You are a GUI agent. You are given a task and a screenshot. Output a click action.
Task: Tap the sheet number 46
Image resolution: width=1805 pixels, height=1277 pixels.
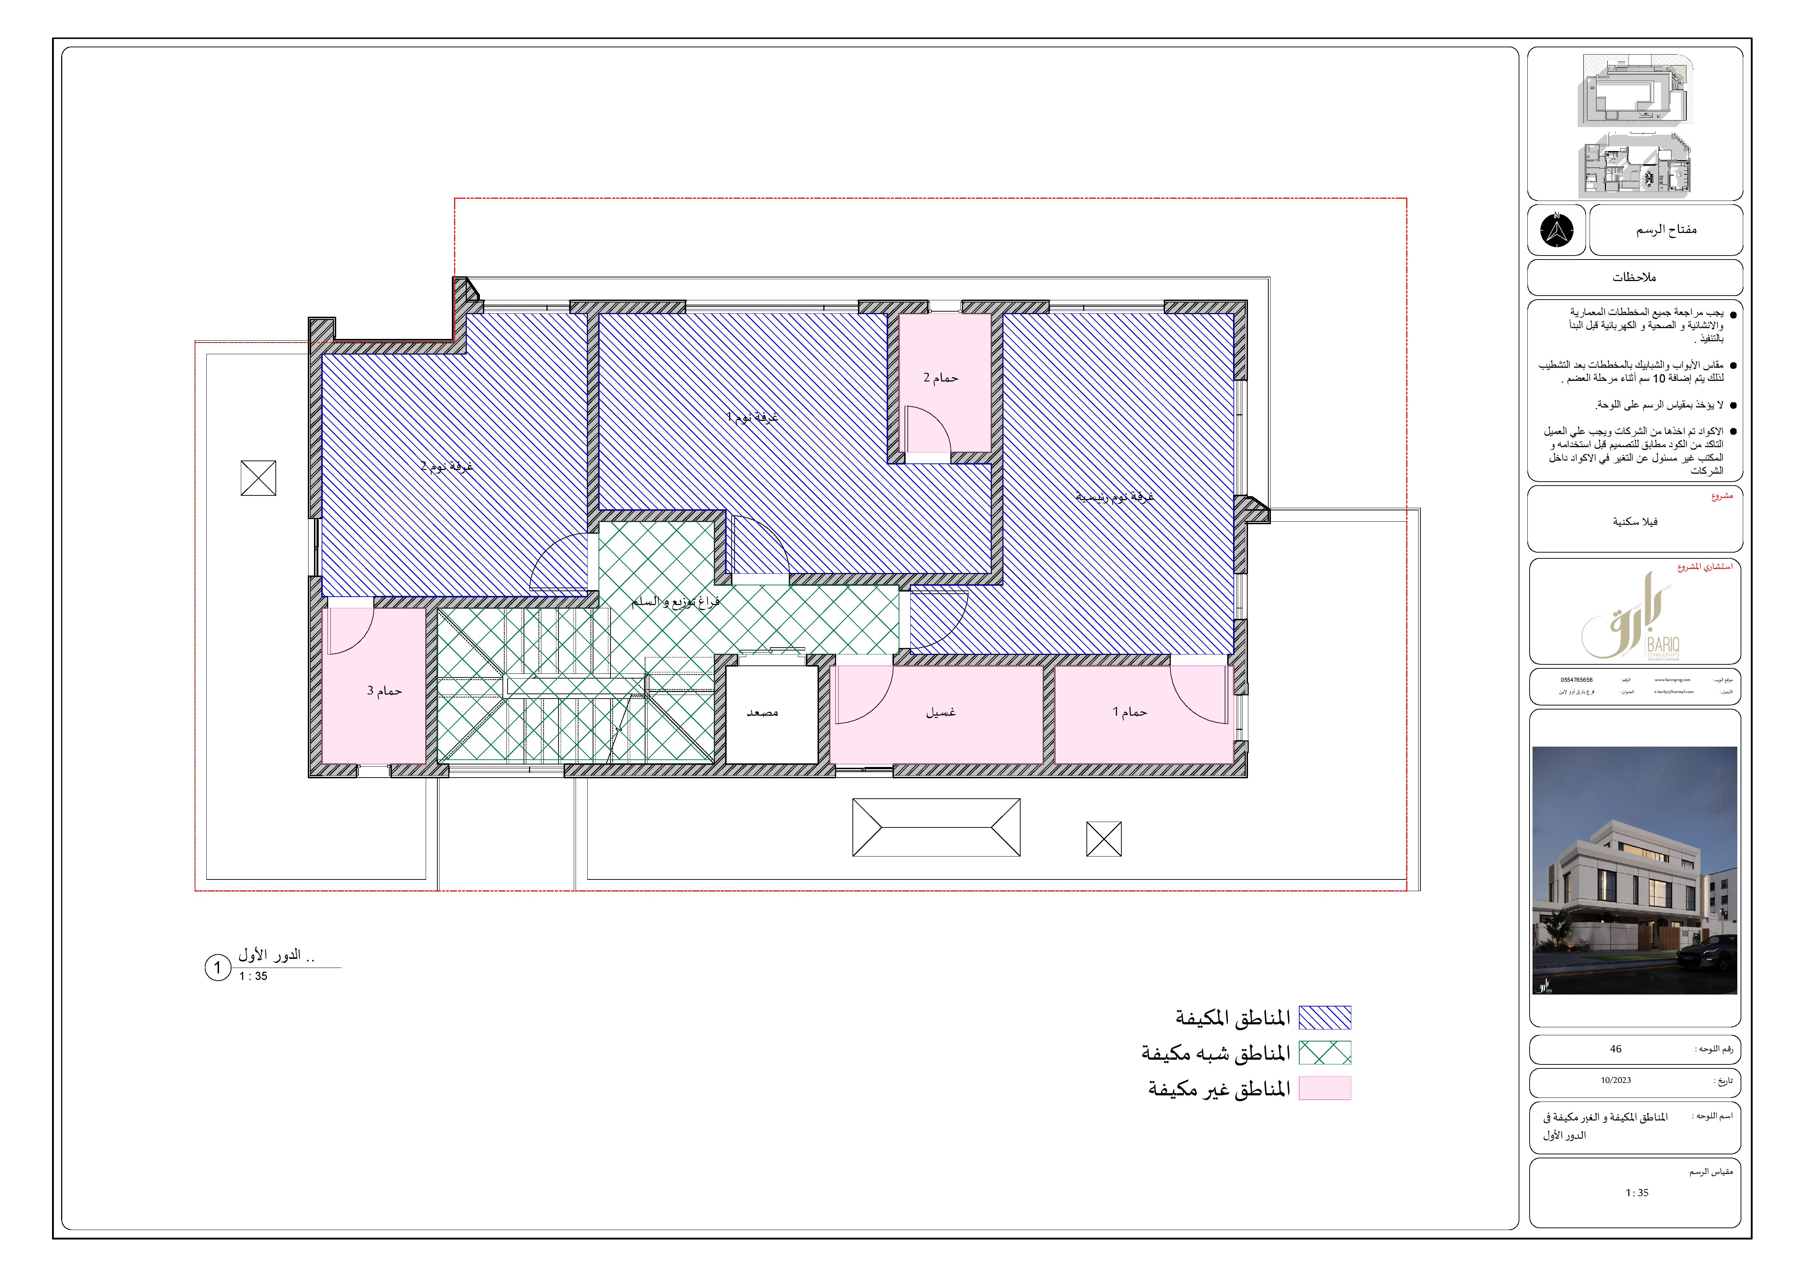click(1615, 1049)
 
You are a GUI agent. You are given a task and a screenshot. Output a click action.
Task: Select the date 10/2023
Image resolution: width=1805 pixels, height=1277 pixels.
click(1615, 1080)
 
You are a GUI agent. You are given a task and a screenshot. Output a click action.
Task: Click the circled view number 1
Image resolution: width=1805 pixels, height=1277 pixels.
click(218, 967)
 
